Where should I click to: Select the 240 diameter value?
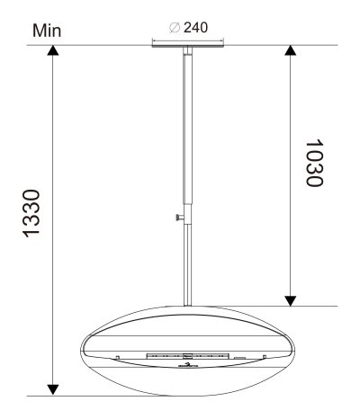[x=198, y=27]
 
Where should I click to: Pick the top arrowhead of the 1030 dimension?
[x=289, y=51]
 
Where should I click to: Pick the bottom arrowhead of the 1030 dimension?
[x=289, y=299]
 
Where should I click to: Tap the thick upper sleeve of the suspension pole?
[x=187, y=135]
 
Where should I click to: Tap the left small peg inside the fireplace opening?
[x=118, y=359]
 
